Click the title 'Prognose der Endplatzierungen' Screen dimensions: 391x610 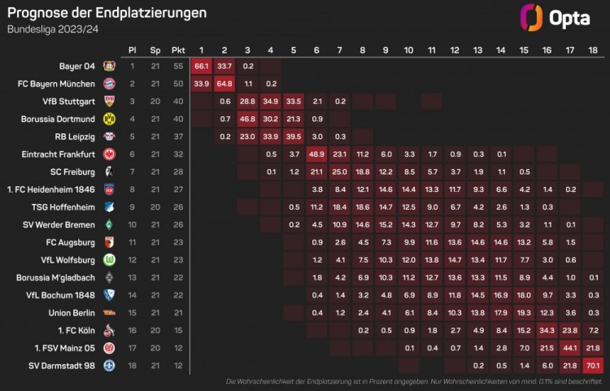tap(107, 13)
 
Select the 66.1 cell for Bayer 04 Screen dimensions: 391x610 tap(202, 66)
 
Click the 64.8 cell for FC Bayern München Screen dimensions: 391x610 tap(225, 84)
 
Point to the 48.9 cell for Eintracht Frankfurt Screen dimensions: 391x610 tap(317, 154)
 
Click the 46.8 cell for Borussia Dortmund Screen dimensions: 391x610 tap(248, 119)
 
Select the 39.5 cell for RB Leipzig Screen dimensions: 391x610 tap(294, 136)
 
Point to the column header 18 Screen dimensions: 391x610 tap(592, 50)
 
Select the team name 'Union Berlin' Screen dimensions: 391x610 tap(73, 311)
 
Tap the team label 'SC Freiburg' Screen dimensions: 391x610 tap(76, 172)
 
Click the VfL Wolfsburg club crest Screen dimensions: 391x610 tap(109, 259)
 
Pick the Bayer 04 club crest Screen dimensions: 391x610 tap(109, 66)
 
